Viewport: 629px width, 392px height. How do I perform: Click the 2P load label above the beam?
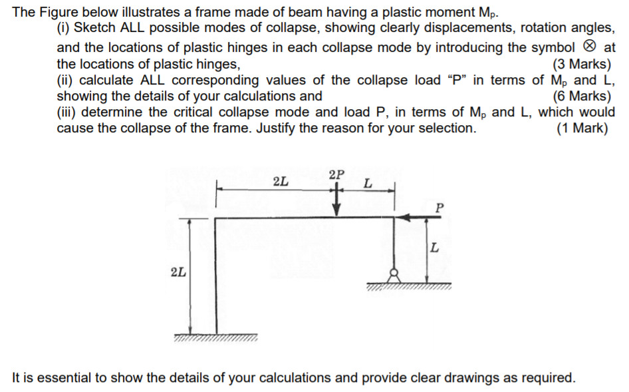coord(337,175)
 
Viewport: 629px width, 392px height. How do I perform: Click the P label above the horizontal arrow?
coord(437,206)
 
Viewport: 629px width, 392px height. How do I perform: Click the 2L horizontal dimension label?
coord(281,180)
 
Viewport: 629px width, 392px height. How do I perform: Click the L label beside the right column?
coord(434,248)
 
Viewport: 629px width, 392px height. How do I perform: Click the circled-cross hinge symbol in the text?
coord(590,48)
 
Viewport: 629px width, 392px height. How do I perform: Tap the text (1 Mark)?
coord(582,128)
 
